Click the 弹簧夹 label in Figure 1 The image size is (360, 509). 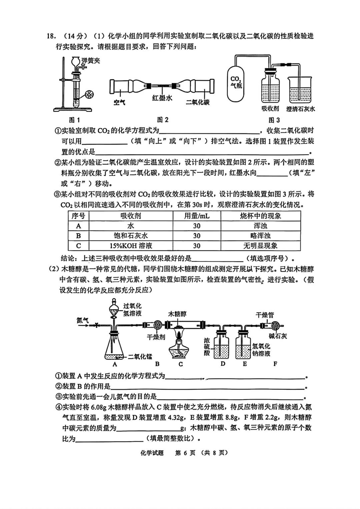point(91,60)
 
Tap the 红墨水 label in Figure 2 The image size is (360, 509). point(162,98)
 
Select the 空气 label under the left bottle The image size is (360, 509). point(119,102)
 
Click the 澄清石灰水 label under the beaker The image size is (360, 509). point(300,109)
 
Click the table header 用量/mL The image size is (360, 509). point(197,216)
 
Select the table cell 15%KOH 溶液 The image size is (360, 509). point(131,246)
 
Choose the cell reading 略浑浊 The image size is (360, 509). point(260,236)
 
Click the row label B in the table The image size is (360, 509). point(79,236)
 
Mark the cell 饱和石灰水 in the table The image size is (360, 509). point(131,236)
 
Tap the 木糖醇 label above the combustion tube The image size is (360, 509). point(177,314)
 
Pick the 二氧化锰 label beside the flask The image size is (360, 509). point(140,357)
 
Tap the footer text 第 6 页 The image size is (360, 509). point(185,453)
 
